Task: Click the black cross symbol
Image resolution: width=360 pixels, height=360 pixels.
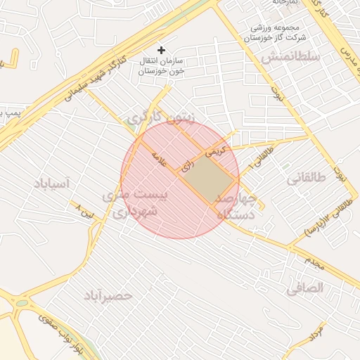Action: (162, 50)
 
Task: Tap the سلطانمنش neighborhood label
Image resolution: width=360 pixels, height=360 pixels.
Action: (290, 56)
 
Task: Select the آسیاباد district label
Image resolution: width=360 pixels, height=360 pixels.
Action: (51, 184)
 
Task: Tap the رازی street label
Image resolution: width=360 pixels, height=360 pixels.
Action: (186, 167)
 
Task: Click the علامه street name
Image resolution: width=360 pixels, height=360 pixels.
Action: (160, 160)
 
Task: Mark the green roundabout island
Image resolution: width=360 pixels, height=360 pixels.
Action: (21, 304)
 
